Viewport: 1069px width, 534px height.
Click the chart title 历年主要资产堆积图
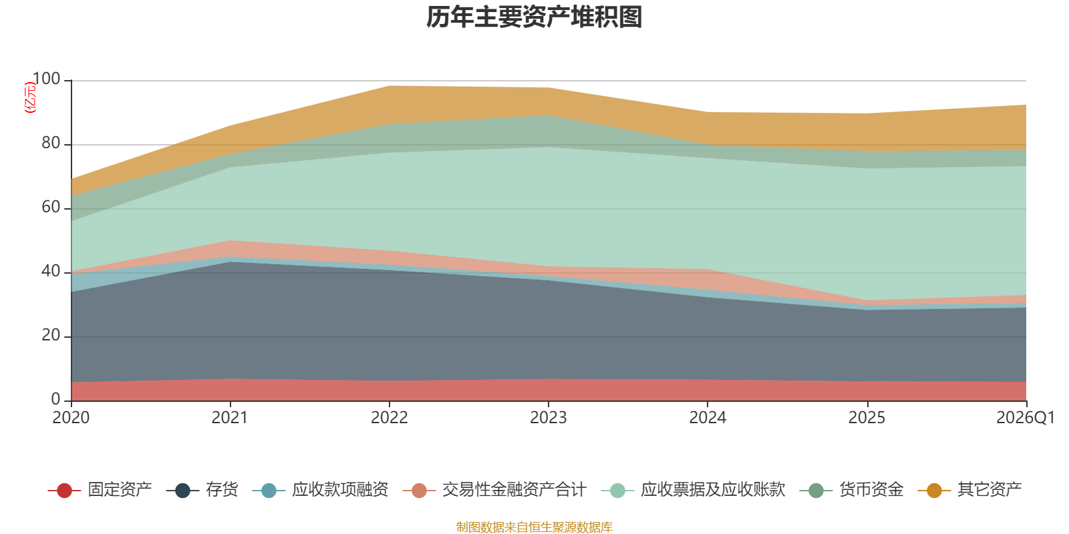tap(534, 17)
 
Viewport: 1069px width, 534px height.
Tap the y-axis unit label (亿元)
tap(30, 97)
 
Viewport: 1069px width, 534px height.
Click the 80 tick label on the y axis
tap(51, 143)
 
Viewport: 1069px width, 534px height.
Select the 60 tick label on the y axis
tap(51, 207)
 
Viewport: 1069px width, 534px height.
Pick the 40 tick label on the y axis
tap(51, 271)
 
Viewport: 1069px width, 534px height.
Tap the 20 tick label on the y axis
tap(51, 335)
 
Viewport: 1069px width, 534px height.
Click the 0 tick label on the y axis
tap(56, 399)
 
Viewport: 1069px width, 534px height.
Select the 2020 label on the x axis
tap(71, 418)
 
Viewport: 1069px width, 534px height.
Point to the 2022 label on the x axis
tap(390, 418)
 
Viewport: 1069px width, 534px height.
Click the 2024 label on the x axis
tap(708, 418)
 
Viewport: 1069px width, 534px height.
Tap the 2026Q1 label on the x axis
tap(1026, 418)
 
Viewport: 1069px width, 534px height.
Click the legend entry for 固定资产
tap(100, 490)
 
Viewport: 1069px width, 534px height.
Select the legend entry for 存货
tap(202, 490)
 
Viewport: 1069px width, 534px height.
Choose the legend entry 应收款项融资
tap(320, 490)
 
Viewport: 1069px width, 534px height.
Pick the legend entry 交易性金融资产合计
tap(494, 490)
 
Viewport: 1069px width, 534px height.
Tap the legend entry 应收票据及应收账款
tap(693, 490)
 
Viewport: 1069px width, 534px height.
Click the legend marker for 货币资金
tap(816, 490)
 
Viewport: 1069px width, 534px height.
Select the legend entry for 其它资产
tap(969, 490)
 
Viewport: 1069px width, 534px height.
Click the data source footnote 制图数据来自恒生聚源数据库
tap(534, 527)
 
